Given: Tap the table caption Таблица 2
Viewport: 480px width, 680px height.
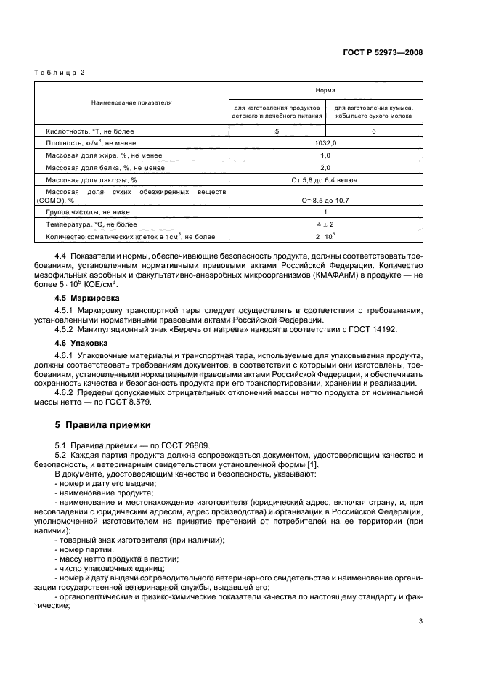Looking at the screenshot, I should [x=61, y=73].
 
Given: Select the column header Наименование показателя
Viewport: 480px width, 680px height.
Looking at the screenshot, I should [x=131, y=102].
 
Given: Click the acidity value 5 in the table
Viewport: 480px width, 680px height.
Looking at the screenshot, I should [x=277, y=131].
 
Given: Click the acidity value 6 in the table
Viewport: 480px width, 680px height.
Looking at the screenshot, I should [x=373, y=131].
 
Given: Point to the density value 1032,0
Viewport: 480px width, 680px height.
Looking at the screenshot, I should [x=325, y=144].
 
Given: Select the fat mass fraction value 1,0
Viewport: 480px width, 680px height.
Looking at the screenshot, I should [x=325, y=155].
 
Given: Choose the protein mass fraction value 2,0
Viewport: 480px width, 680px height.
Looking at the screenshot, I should [x=325, y=167].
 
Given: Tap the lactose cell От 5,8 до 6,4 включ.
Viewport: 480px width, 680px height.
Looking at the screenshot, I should [x=325, y=179].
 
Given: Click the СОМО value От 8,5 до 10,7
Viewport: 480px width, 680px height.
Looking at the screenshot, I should [x=325, y=199].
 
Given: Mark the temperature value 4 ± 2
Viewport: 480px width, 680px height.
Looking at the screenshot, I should [x=325, y=224].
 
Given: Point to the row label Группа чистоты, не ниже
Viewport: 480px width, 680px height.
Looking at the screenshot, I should [x=88, y=211].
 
